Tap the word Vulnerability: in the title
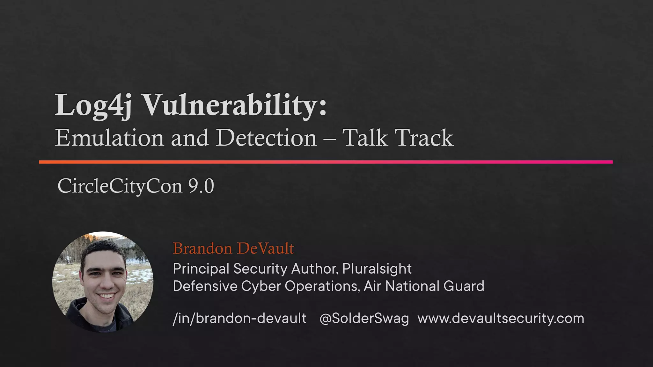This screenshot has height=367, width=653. [234, 105]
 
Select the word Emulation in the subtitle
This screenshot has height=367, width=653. [109, 138]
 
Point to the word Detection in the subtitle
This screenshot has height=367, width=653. [267, 138]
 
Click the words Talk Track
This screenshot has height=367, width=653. [398, 138]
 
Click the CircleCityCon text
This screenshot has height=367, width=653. [120, 186]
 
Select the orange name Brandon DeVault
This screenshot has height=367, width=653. [233, 248]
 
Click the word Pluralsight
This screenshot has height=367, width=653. [377, 269]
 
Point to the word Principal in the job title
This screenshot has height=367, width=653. [201, 269]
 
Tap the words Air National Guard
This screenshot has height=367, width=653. [424, 286]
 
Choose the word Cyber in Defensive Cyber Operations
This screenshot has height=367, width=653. [260, 286]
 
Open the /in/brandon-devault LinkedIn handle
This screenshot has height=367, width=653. [239, 318]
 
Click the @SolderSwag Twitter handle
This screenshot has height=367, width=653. [364, 318]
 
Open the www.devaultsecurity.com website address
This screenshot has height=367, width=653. [501, 318]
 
